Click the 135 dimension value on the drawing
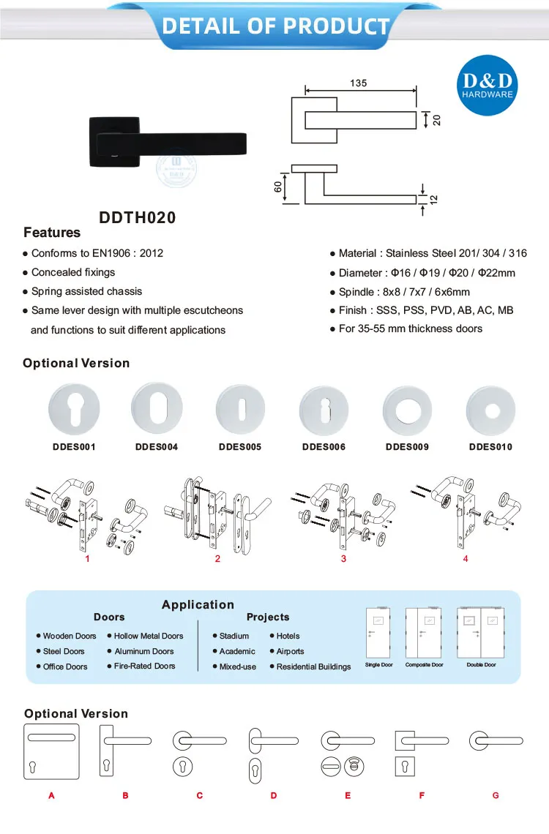[358, 83]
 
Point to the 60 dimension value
[278, 187]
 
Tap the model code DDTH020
[138, 217]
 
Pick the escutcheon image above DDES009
[407, 408]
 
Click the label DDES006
[324, 446]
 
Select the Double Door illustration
[481, 634]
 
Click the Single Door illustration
[378, 634]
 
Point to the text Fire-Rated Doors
[144, 666]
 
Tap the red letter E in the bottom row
[348, 795]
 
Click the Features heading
[52, 233]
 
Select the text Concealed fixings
[73, 272]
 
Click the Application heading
[198, 604]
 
